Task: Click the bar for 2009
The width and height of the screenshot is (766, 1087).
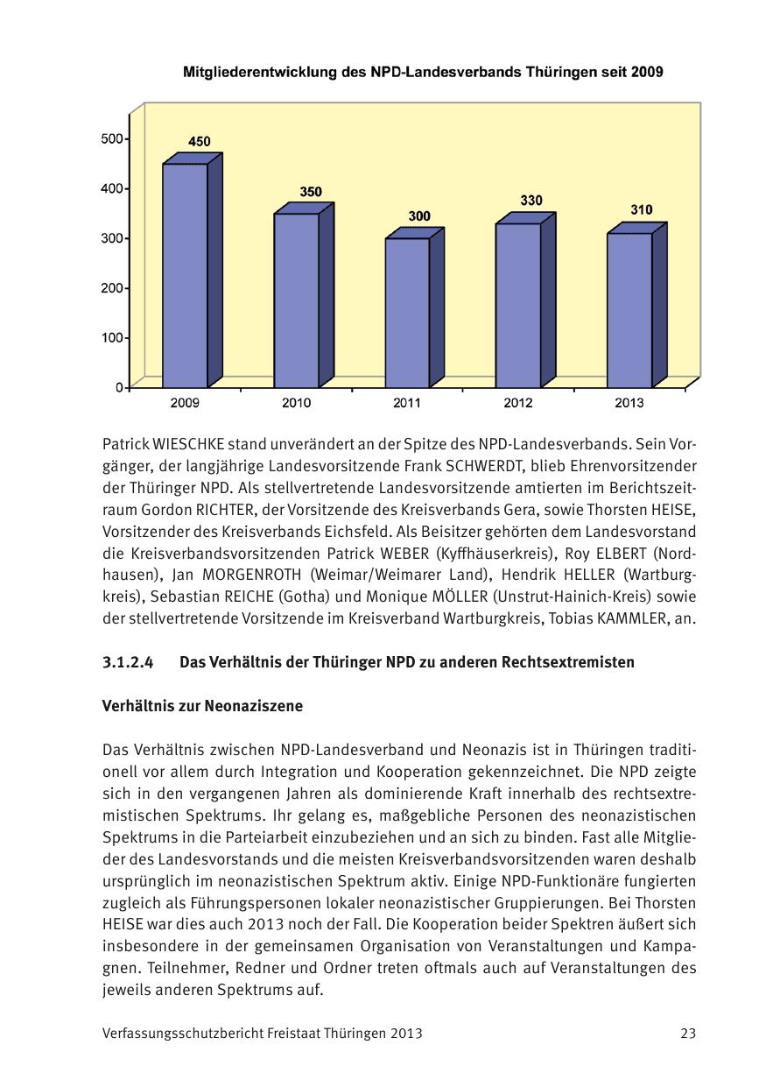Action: pos(186,275)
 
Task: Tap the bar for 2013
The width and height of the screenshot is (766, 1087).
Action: pos(629,310)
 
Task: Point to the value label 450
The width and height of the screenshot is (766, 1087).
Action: pos(200,142)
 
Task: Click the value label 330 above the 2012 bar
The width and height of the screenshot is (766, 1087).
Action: pos(531,201)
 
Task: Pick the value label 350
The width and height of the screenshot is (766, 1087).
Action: pos(311,191)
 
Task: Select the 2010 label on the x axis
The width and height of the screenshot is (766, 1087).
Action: pos(296,404)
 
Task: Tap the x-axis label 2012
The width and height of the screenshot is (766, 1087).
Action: pos(518,404)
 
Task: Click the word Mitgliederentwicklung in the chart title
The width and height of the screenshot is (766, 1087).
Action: pos(259,73)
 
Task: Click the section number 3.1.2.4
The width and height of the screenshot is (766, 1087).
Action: pos(128,663)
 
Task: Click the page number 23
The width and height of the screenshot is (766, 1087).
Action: pos(688,1034)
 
